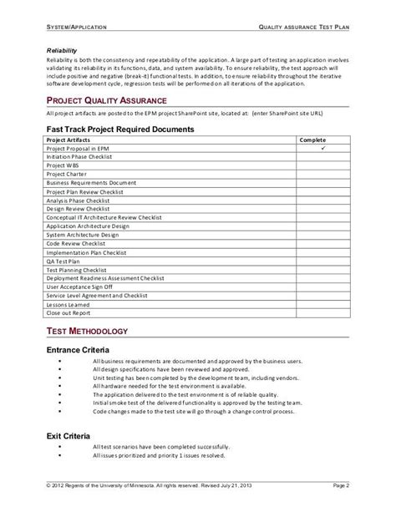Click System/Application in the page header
pyautogui.click(x=72, y=28)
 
